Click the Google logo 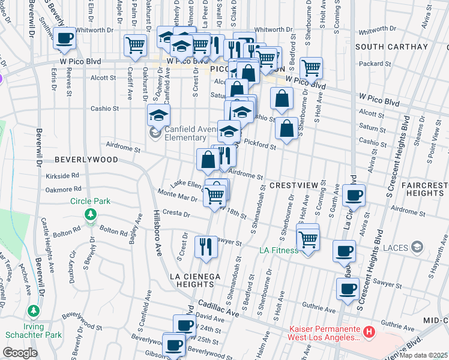tap(20, 353)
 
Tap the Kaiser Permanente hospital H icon tap(369, 331)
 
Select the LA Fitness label tap(279, 250)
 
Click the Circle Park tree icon tap(90, 214)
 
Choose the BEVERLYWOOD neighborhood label tap(86, 160)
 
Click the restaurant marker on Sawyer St tap(206, 246)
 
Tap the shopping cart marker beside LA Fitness tap(309, 239)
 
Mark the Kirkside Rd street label tap(62, 176)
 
